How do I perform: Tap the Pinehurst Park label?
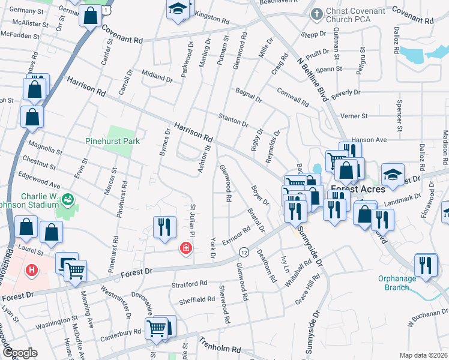click(x=112, y=141)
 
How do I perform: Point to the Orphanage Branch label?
click(x=401, y=283)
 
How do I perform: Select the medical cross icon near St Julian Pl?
click(x=186, y=247)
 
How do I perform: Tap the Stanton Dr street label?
click(x=234, y=119)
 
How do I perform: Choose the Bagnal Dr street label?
click(x=249, y=94)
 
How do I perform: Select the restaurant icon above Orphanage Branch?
click(x=426, y=265)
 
